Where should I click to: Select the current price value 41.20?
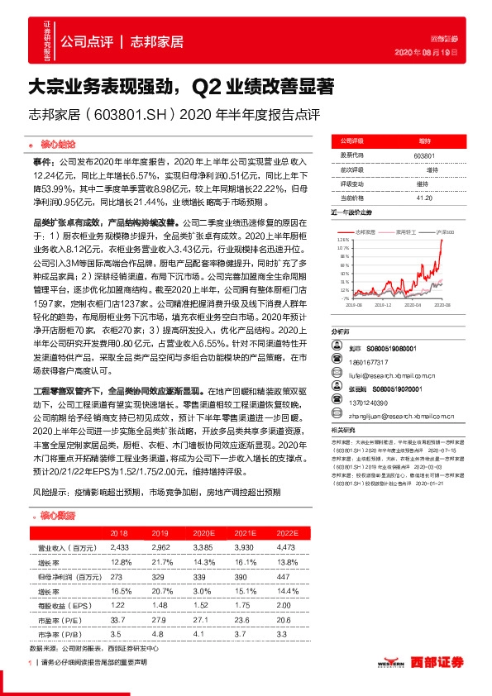click(424, 197)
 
